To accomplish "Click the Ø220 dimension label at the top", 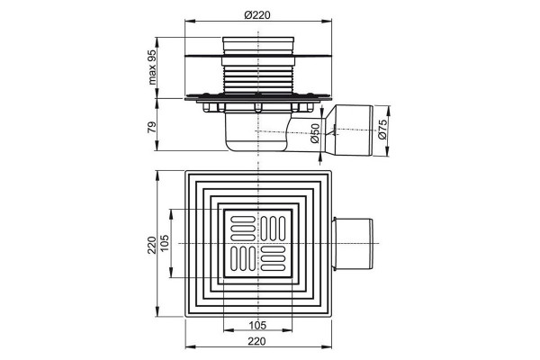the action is pos(257,14).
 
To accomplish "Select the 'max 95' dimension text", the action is pos(152,67).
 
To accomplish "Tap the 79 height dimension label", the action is pos(152,128).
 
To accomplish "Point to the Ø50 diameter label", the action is pos(315,133).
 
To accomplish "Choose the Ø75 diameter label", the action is pos(382,130).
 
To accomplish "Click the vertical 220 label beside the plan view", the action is pos(152,245).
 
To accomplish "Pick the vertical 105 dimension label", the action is pos(165,243).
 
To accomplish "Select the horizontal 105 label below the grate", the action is pos(257,325).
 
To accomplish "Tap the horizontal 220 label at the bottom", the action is pos(257,341).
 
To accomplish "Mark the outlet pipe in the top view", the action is pos(352,244).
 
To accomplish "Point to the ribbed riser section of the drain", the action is pos(258,79).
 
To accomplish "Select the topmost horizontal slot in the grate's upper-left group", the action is pos(243,219).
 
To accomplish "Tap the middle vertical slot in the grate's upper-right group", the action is pos(273,229).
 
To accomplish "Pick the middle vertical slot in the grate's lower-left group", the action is pos(243,258).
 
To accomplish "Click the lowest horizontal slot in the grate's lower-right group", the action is pos(273,267).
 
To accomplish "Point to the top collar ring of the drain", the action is pos(258,45).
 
